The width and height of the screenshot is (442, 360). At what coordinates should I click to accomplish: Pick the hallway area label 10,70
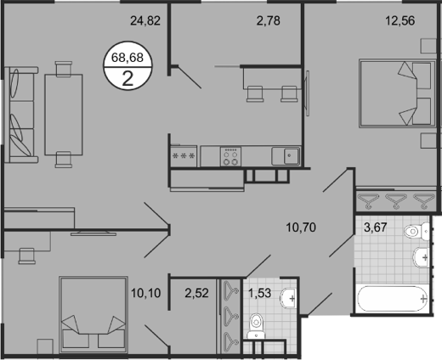[x=302, y=227]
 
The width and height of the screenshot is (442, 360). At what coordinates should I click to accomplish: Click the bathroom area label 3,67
[x=375, y=227]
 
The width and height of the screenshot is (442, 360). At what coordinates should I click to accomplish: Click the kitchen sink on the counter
[x=286, y=155]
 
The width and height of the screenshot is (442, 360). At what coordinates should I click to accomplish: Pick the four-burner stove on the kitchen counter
[x=232, y=155]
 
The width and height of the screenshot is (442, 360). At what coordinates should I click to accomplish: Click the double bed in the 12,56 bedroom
[x=391, y=93]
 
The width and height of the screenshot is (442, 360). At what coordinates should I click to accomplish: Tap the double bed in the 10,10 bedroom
[x=89, y=315]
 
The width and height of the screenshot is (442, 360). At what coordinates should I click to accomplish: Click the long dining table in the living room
[x=65, y=110]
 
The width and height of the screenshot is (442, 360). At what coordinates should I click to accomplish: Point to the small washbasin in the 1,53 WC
[x=292, y=297]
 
